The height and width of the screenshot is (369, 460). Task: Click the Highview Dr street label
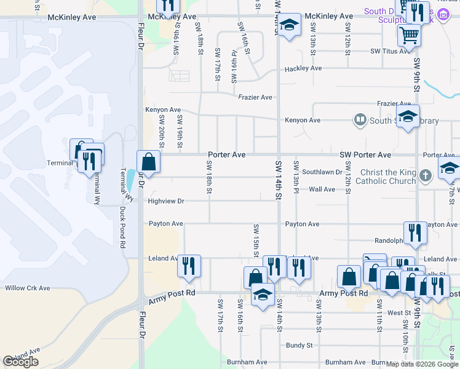pos(166,201)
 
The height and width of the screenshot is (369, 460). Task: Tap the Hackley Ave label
pos(303,68)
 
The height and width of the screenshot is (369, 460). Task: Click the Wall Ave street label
pos(322,189)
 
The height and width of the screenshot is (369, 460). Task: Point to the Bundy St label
pos(299,346)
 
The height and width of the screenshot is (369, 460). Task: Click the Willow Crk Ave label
pos(27,288)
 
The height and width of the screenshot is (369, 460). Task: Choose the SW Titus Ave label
pos(390,51)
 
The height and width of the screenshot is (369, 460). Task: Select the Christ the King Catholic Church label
pos(380,177)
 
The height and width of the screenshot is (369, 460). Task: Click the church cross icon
pos(425,177)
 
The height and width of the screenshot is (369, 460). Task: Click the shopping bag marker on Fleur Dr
pos(148,162)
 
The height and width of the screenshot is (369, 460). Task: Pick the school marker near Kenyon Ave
pos(407,116)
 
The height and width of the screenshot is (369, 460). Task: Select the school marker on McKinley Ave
pos(289,25)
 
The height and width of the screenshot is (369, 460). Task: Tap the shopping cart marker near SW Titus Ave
pos(409,34)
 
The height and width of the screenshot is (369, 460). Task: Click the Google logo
pos(21,362)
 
